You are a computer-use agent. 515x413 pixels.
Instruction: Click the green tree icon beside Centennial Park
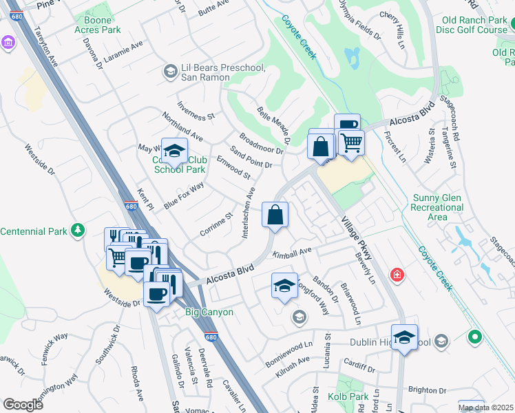[79, 230]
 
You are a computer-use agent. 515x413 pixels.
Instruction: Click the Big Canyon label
[209, 312]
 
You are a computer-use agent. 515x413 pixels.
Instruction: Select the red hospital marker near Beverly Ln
[397, 275]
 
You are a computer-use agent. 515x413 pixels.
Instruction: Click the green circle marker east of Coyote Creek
[474, 337]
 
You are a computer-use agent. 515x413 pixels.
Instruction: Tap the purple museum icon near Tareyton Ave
[8, 43]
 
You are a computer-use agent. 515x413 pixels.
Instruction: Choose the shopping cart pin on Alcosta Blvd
[352, 143]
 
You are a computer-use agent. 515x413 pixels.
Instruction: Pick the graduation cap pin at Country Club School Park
[174, 149]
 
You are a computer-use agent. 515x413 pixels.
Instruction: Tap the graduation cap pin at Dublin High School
[404, 337]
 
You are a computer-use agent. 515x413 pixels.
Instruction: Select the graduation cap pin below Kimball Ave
[284, 285]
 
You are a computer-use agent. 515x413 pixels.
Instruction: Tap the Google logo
[23, 404]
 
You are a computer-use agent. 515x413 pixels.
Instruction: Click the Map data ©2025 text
[485, 407]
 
